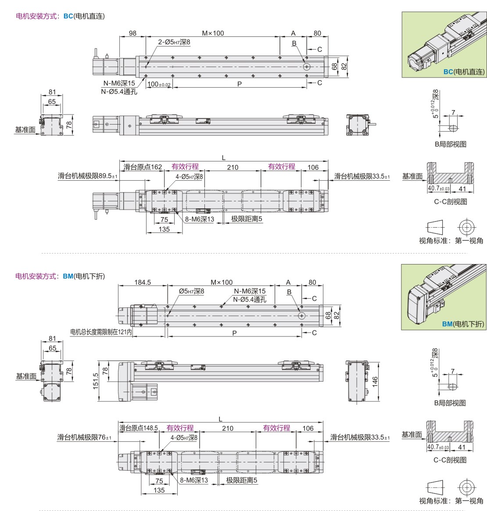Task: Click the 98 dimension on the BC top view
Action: click(132, 33)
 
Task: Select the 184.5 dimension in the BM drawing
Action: click(143, 282)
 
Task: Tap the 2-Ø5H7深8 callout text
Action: click(174, 42)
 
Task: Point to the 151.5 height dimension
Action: click(96, 381)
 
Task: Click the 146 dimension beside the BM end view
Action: click(375, 381)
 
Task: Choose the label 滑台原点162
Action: click(143, 167)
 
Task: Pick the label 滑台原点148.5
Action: click(139, 428)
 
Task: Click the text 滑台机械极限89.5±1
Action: click(87, 176)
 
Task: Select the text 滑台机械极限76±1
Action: click(84, 437)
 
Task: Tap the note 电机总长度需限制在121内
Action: click(101, 332)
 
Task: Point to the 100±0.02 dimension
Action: click(159, 84)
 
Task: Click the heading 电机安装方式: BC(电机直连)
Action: click(60, 16)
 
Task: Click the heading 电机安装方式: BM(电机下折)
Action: click(60, 276)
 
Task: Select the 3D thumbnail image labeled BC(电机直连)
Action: click(444, 45)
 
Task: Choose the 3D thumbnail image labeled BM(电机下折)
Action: click(444, 297)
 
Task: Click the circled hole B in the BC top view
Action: click(307, 67)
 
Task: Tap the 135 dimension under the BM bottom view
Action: click(159, 490)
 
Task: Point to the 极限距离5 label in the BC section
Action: click(247, 219)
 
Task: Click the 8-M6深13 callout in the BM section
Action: click(194, 480)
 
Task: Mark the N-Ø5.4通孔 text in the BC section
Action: click(119, 92)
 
